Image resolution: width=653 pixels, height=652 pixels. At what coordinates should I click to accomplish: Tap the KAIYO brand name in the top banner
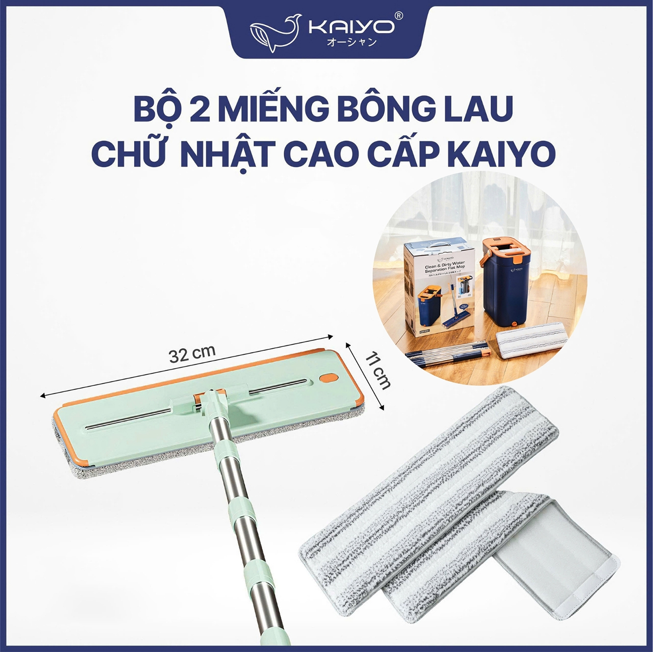click(x=351, y=27)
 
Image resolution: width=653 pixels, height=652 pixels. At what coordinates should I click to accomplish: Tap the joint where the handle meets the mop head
click(x=211, y=401)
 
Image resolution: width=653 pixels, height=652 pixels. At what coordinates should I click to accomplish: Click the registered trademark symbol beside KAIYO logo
click(x=399, y=16)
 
